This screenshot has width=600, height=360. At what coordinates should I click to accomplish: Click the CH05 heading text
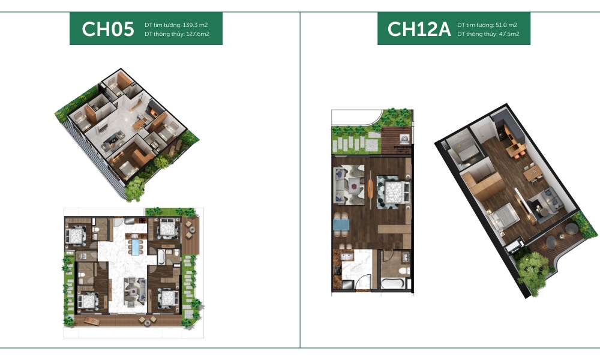pos(108,29)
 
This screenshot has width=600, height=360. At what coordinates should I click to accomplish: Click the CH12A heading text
pos(418,29)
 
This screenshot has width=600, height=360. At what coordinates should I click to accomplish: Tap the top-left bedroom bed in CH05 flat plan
pos(77,235)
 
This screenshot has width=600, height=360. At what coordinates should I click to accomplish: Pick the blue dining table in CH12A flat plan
pos(340,226)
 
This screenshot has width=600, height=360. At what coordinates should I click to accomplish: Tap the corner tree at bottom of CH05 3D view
pos(135,189)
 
